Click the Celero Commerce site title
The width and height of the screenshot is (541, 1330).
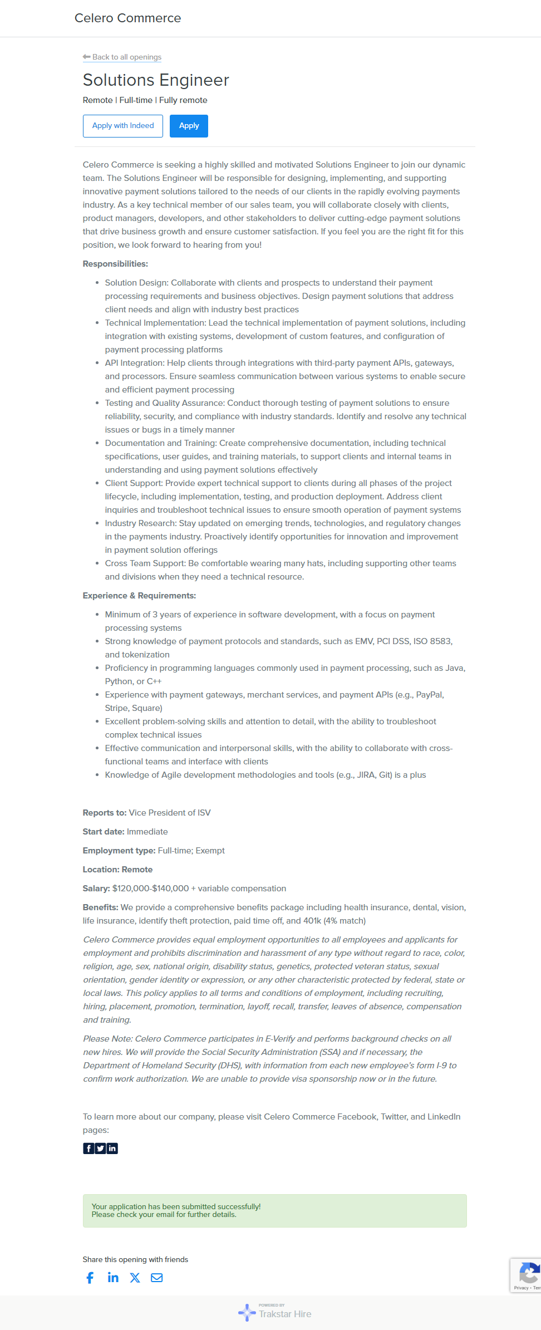point(127,18)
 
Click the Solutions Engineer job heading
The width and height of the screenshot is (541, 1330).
point(156,80)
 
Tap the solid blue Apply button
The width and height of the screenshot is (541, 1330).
point(189,126)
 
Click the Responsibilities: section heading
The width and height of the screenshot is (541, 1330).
point(115,264)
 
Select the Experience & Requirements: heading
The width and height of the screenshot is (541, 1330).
point(139,596)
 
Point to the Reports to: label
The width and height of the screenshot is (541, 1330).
point(105,813)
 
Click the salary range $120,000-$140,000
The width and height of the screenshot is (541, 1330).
point(150,889)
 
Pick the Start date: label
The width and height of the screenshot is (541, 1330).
point(104,832)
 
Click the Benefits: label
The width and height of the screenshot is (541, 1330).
point(100,907)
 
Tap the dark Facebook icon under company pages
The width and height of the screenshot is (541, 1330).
point(88,1149)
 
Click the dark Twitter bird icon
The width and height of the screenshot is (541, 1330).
point(100,1149)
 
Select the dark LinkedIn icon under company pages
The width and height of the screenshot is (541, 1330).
point(112,1149)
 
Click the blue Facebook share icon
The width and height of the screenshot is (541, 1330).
point(90,1278)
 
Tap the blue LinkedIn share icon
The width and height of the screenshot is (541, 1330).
point(113,1278)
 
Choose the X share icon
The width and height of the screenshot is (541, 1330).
point(135,1278)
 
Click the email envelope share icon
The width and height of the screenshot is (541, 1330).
point(157,1278)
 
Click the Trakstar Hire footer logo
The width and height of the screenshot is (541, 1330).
point(275,1313)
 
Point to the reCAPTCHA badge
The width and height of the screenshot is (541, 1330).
point(527,1275)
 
